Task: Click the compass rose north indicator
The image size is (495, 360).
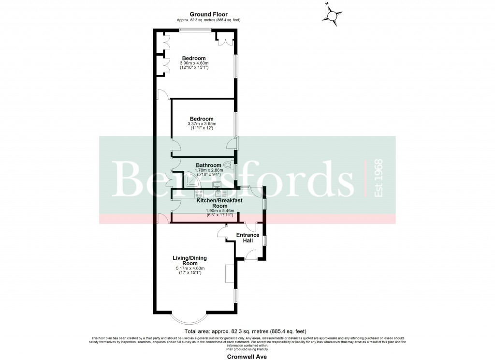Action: pyautogui.click(x=333, y=16)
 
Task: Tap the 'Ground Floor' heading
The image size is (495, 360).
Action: pyautogui.click(x=208, y=15)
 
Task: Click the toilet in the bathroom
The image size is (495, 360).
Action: pyautogui.click(x=227, y=165)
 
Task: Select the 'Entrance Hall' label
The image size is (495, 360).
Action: pyautogui.click(x=247, y=238)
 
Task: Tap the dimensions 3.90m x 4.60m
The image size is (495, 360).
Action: pyautogui.click(x=194, y=63)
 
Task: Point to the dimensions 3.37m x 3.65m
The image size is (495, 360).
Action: pyautogui.click(x=202, y=124)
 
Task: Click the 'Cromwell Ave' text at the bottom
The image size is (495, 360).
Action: pyautogui.click(x=247, y=356)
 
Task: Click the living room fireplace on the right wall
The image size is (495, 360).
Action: pyautogui.click(x=230, y=273)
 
